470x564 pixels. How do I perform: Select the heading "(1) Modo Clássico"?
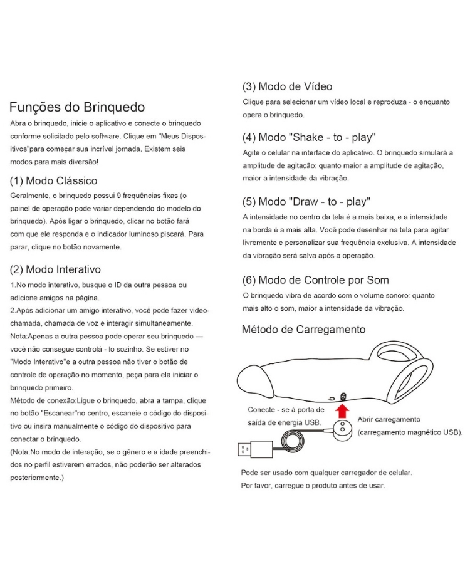click(54, 181)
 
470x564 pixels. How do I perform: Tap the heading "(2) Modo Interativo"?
click(56, 270)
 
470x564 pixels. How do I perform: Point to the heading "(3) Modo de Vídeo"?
click(288, 86)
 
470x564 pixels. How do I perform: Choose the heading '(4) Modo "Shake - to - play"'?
click(309, 137)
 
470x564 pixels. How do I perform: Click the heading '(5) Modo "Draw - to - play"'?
click(306, 202)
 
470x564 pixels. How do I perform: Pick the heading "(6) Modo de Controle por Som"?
click(315, 280)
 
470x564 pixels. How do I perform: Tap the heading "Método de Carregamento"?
click(304, 329)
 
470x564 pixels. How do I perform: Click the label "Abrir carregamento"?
click(389, 419)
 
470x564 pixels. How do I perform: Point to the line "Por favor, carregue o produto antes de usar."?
click(313, 486)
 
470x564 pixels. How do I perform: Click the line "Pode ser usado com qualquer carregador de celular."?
click(326, 472)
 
